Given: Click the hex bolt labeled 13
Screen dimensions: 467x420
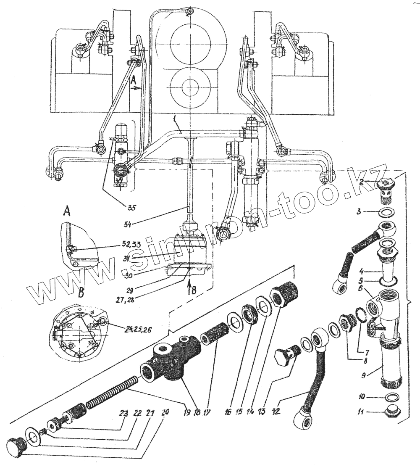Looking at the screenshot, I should (x=289, y=354).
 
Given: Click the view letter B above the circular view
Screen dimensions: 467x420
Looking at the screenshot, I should (x=81, y=292).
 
